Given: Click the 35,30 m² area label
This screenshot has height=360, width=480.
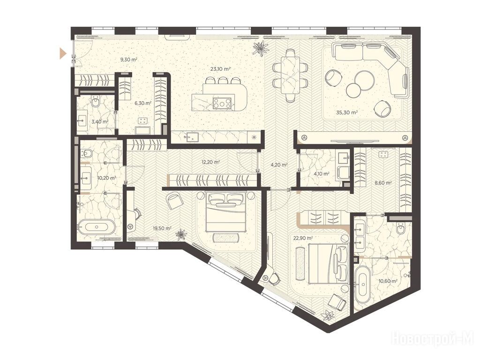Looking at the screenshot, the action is [x=347, y=112].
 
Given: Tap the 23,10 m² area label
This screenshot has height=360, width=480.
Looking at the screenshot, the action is [x=220, y=69].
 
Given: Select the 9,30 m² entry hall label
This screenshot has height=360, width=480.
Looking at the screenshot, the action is [x=129, y=60].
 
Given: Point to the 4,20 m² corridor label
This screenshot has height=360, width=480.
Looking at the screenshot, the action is [x=279, y=165].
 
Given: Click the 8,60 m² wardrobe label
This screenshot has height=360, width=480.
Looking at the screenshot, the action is [x=383, y=183].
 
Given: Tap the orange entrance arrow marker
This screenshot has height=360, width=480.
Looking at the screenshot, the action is [x=63, y=53].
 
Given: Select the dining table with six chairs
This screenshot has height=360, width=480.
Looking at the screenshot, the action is [x=290, y=75].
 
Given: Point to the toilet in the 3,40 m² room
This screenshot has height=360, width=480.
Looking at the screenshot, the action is [x=96, y=101].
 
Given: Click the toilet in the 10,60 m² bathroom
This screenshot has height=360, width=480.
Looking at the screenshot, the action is [x=401, y=228].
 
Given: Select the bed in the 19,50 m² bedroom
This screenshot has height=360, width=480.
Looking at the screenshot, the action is [x=226, y=212].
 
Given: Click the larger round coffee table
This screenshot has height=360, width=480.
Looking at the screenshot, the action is [x=365, y=81].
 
